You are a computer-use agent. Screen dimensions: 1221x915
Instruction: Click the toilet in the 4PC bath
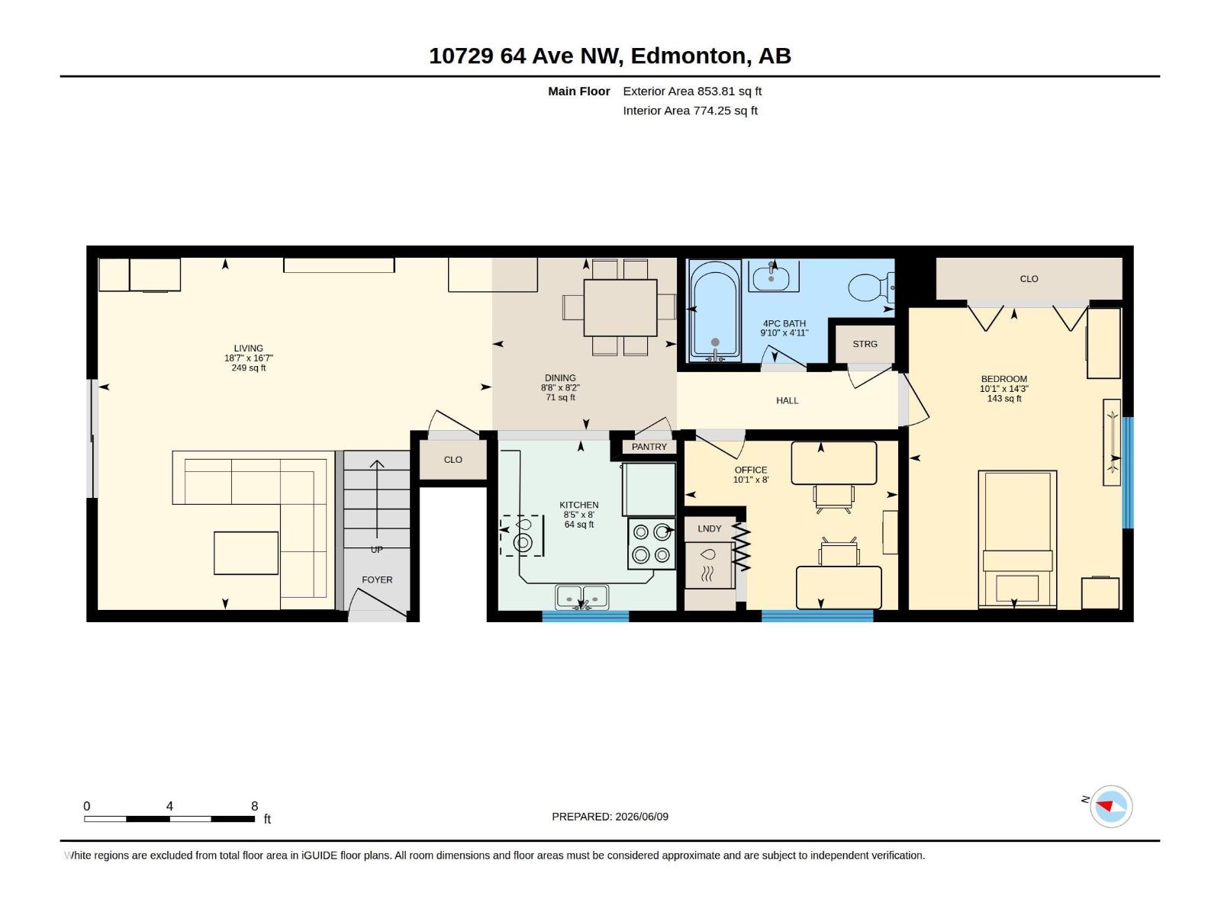871,287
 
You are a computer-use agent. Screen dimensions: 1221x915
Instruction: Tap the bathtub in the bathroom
715,310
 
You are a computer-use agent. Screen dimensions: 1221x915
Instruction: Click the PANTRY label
649,447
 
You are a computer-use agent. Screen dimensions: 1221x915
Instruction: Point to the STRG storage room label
865,344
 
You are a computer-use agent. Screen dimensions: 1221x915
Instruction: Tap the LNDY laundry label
709,528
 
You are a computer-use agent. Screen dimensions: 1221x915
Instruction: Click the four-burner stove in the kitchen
652,544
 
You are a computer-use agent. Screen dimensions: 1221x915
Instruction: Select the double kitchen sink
582,597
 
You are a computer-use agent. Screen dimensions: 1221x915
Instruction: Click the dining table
620,308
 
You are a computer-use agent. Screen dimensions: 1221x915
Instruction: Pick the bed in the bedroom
1016,539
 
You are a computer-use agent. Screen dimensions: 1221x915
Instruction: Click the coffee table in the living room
246,553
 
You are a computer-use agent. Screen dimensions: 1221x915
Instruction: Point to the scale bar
169,818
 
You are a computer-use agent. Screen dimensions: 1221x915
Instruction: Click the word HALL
787,400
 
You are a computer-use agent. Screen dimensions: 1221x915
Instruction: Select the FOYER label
377,579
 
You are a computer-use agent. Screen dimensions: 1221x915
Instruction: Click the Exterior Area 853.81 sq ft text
692,91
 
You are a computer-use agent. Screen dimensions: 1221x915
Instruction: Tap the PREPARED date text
610,816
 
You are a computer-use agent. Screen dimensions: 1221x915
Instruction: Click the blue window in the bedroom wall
1128,472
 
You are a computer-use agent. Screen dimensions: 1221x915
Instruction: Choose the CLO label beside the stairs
453,460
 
